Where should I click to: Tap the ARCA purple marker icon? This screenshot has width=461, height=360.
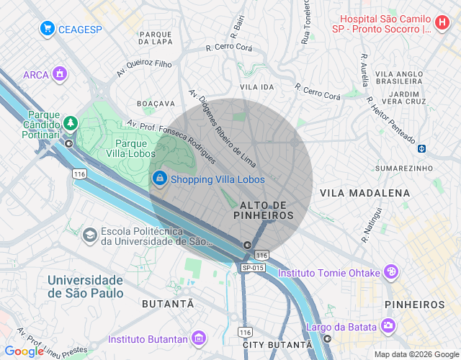(61, 74)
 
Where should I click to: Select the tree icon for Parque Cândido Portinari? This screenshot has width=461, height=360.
(70, 123)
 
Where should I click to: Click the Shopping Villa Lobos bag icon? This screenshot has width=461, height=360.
(158, 179)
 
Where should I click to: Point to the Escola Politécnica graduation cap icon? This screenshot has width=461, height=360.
(89, 235)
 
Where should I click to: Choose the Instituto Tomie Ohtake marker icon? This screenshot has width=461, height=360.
(390, 272)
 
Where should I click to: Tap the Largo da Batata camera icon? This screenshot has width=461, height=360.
(389, 327)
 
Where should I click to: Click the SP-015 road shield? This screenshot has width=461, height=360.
(253, 268)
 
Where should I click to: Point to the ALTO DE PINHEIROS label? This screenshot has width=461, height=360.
(264, 210)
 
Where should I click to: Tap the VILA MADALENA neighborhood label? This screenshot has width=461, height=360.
(364, 193)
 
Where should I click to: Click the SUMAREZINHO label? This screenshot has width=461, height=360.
(399, 167)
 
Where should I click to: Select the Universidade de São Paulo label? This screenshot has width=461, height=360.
(85, 286)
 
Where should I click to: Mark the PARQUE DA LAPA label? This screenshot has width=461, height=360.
(155, 37)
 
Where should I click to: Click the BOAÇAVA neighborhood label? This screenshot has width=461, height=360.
(156, 104)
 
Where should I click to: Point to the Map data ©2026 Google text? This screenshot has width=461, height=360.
(416, 354)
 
